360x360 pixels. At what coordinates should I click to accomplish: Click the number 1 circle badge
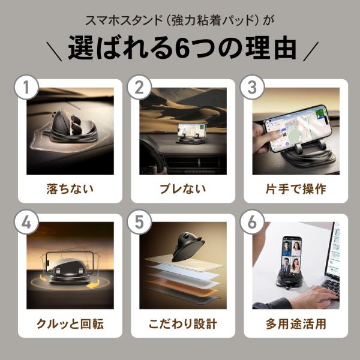tap(26, 87)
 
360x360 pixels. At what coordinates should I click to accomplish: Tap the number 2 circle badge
tap(139, 87)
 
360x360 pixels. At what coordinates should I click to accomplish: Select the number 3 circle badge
tap(252, 87)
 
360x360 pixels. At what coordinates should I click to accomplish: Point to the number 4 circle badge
tap(26, 222)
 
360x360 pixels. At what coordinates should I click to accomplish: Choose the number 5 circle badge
tap(139, 222)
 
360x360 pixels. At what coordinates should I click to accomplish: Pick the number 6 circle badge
tap(252, 222)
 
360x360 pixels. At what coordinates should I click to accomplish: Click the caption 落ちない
tap(70, 189)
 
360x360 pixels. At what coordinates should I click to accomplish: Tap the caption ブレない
tap(183, 189)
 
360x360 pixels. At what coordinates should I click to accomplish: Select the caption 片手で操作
tap(296, 189)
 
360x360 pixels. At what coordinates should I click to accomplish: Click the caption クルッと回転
tap(70, 324)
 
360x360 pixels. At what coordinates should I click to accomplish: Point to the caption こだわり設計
tap(183, 324)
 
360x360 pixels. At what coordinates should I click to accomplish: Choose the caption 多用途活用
tap(296, 324)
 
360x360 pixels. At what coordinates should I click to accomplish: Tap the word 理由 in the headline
tap(271, 48)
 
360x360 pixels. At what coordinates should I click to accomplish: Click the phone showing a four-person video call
tap(292, 256)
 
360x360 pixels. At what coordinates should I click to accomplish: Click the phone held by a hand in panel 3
tap(298, 128)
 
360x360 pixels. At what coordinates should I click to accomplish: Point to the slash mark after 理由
tap(311, 51)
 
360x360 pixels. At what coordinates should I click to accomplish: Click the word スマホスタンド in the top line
tap(124, 20)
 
